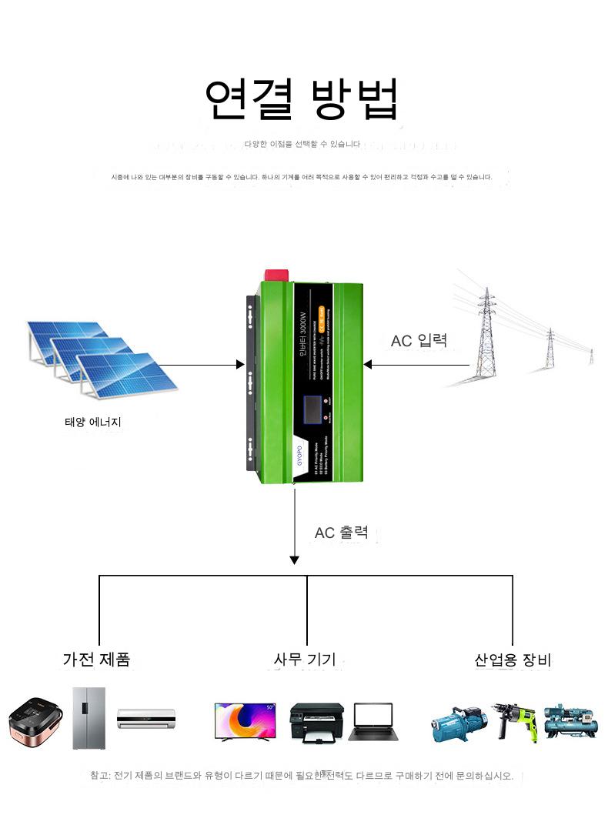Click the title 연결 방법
click(x=302, y=99)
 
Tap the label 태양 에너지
click(x=93, y=422)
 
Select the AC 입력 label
click(x=419, y=340)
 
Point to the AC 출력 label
click(x=341, y=532)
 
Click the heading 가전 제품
click(x=96, y=659)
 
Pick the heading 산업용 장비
click(x=513, y=660)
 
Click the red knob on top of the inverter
click(x=277, y=275)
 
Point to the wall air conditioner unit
click(x=146, y=719)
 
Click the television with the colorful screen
click(x=244, y=721)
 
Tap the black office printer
click(x=316, y=722)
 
